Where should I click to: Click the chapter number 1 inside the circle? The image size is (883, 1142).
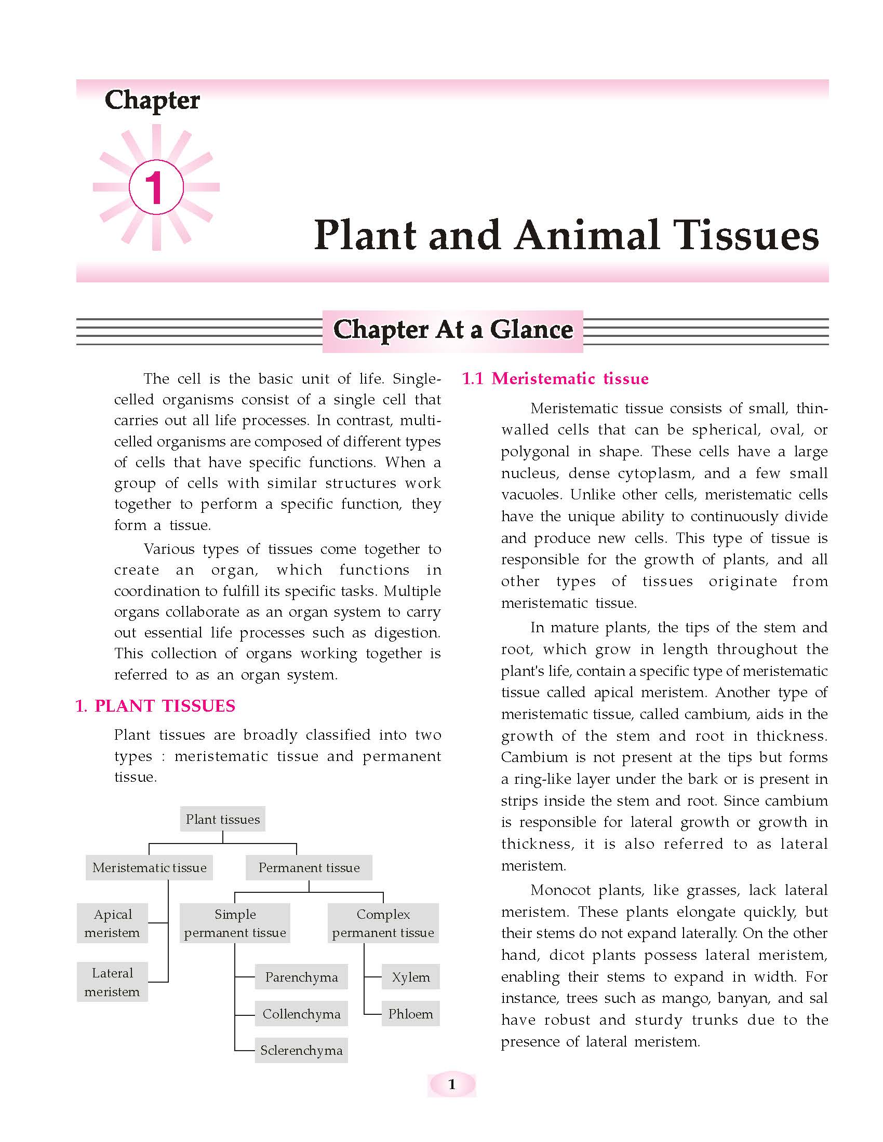point(156,188)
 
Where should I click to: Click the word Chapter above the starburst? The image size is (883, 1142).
point(152,100)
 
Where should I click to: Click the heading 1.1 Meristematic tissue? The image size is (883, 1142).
point(555,378)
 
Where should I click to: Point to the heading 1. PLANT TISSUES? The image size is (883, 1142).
point(156,706)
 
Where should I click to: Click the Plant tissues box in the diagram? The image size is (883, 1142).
point(223,819)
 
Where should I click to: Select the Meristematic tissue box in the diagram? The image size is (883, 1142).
point(150,867)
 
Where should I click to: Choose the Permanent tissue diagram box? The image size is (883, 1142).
point(309,867)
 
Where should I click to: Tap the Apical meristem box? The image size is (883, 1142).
point(113,923)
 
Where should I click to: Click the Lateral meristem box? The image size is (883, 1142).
point(113,982)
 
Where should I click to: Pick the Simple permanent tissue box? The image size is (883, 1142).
point(235,923)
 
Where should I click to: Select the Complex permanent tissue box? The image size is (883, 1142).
point(383,923)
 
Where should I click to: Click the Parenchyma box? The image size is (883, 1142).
point(301,977)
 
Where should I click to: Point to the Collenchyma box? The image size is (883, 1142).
point(301,1014)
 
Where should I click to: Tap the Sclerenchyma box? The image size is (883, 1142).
point(301,1051)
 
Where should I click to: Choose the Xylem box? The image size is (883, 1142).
point(411,977)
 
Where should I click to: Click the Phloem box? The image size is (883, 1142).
point(411,1014)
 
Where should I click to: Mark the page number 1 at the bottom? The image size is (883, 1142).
point(452,1085)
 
